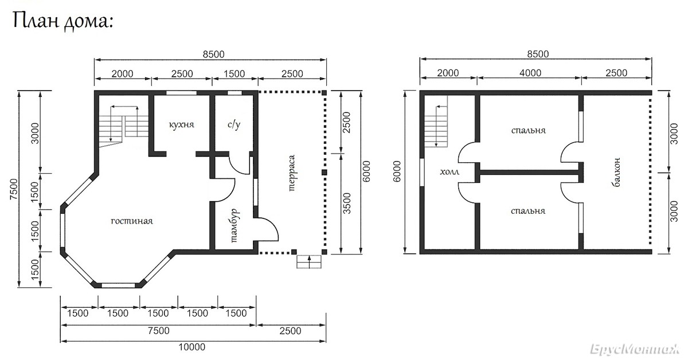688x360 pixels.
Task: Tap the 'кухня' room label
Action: (x=182, y=124)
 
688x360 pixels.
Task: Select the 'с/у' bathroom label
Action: (x=234, y=124)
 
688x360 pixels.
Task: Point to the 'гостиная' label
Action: (x=132, y=221)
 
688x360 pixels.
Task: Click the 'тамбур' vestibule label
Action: (x=234, y=226)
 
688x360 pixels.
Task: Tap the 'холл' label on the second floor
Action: (x=449, y=172)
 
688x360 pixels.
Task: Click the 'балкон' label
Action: (x=616, y=173)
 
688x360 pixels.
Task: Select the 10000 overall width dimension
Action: (x=192, y=347)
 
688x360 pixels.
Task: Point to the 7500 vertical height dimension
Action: (x=14, y=189)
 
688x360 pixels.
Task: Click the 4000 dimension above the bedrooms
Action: (x=530, y=73)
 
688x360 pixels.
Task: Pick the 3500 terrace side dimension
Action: (x=346, y=204)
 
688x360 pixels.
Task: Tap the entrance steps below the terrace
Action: (x=309, y=262)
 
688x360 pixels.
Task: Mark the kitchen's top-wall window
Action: (x=182, y=93)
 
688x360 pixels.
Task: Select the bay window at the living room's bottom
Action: (x=118, y=285)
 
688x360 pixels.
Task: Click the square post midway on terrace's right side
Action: (x=325, y=173)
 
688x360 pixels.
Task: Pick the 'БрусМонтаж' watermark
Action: (x=634, y=349)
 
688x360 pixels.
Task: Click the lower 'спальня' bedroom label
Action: (x=528, y=212)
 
